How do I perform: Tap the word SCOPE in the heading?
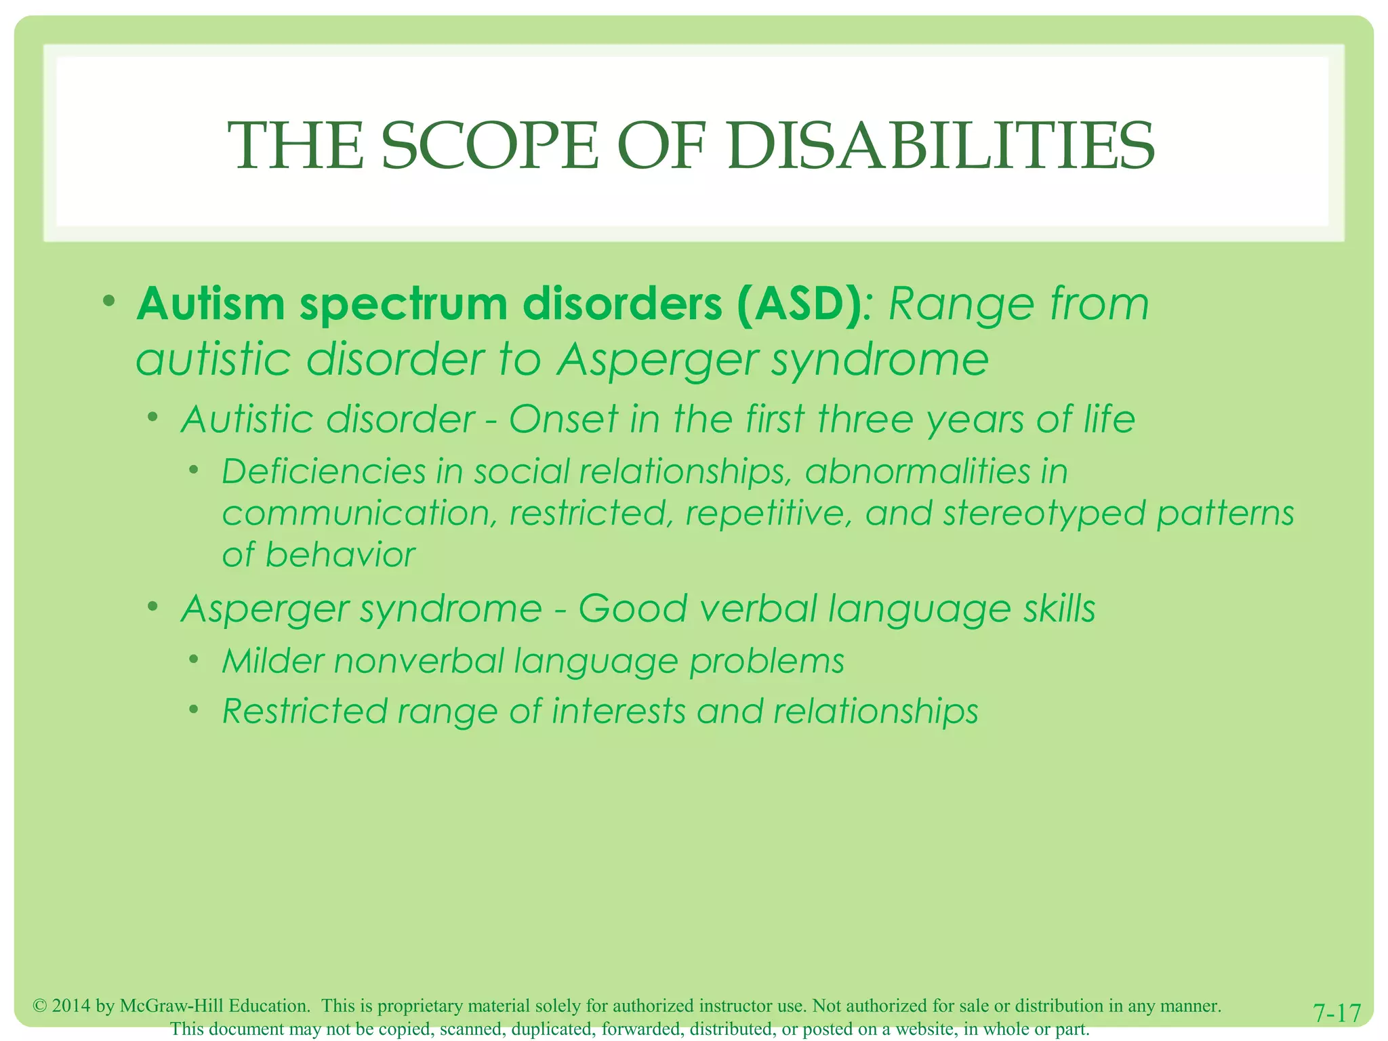coord(490,146)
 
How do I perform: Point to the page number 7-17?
coord(1336,1013)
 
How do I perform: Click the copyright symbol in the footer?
coord(39,1006)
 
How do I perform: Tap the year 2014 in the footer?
coord(71,1006)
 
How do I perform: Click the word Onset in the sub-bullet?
coord(563,420)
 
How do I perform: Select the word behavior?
coord(340,555)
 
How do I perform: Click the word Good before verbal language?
coord(632,609)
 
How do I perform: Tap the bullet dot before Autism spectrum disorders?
coord(109,300)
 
